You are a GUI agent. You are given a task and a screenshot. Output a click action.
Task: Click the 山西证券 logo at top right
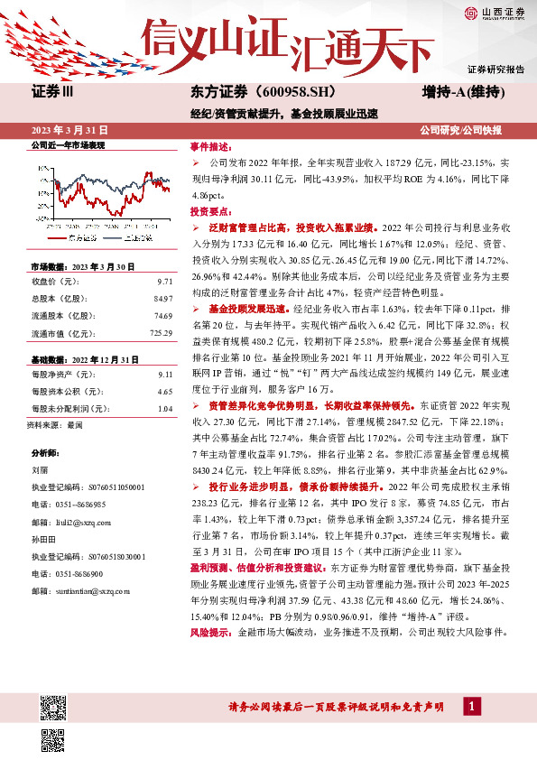click(x=493, y=13)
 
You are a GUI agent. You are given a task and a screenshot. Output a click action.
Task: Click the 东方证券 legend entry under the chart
click(x=83, y=238)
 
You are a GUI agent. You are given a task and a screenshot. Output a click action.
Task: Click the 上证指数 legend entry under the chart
click(x=134, y=238)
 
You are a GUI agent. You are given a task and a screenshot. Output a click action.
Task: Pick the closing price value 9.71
click(x=163, y=282)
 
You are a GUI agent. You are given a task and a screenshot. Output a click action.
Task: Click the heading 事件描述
click(x=211, y=146)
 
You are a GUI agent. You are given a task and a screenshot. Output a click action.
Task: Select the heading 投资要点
click(x=211, y=210)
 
